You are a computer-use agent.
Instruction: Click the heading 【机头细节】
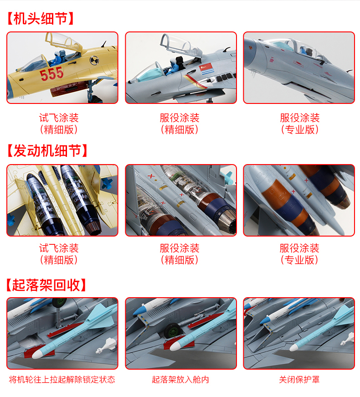pyautogui.click(x=41, y=19)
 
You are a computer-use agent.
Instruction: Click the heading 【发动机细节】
pyautogui.click(x=47, y=151)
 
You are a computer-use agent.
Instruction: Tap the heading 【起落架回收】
pyautogui.click(x=46, y=285)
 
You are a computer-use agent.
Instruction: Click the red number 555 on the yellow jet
pyautogui.click(x=51, y=74)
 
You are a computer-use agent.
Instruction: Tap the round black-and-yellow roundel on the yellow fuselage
pyautogui.click(x=94, y=60)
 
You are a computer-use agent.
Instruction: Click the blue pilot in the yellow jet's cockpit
pyautogui.click(x=58, y=58)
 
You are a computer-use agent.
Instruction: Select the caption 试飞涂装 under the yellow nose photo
pyautogui.click(x=59, y=118)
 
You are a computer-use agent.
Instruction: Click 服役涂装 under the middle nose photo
pyautogui.click(x=180, y=118)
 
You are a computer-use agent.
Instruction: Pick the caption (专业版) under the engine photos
pyautogui.click(x=299, y=260)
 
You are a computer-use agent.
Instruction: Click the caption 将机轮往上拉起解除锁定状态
pyautogui.click(x=62, y=380)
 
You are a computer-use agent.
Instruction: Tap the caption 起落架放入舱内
pyautogui.click(x=180, y=380)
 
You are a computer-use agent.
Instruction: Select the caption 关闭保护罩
pyautogui.click(x=299, y=380)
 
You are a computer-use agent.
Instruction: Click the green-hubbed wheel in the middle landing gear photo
pyautogui.click(x=173, y=330)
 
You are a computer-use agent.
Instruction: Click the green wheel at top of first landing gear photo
pyautogui.click(x=60, y=302)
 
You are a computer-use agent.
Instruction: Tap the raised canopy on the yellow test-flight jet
pyautogui.click(x=63, y=42)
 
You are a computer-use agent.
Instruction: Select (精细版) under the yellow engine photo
pyautogui.click(x=59, y=260)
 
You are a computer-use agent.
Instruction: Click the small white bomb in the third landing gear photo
pyautogui.click(x=348, y=339)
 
